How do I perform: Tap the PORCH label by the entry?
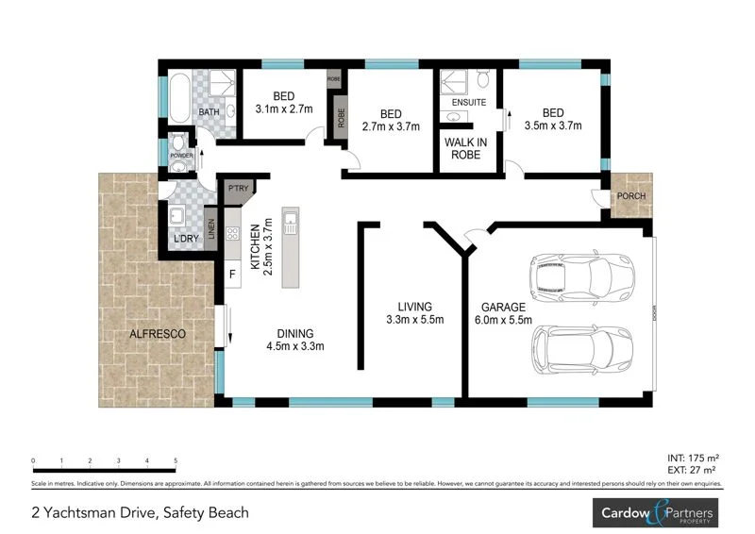point(629,196)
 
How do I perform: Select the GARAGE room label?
point(504,308)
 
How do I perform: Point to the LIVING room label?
point(414,308)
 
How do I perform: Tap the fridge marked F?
point(231,275)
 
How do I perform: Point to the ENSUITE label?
point(469,101)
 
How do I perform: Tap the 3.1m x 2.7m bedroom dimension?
point(283,109)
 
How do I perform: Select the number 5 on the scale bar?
point(176,460)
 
